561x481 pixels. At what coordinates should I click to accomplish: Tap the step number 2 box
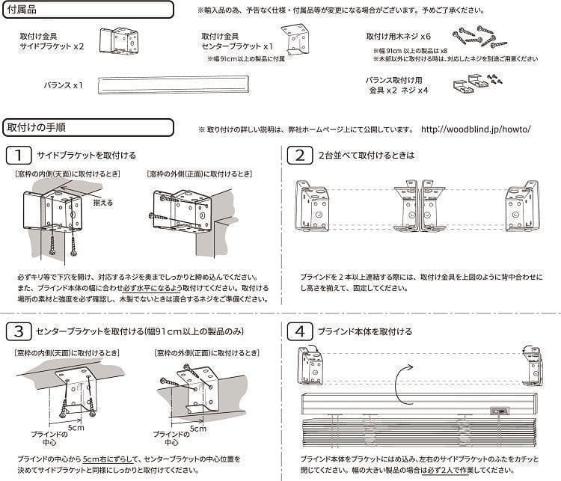(299, 156)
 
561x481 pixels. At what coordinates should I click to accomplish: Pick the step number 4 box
(299, 331)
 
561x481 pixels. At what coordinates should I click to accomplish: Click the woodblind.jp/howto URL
(476, 129)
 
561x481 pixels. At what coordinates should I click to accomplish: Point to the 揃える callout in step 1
(104, 202)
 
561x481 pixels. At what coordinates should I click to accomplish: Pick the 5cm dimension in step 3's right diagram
(197, 429)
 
